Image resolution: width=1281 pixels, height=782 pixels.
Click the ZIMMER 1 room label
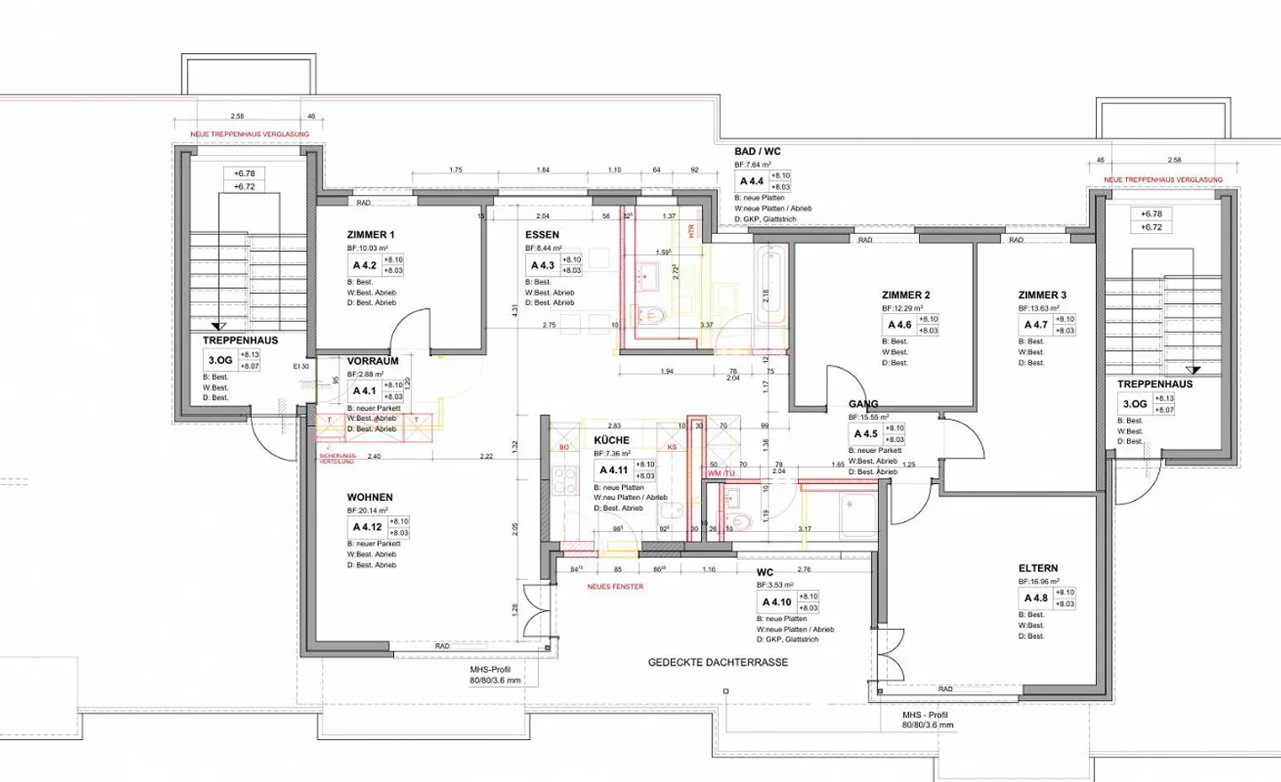370,235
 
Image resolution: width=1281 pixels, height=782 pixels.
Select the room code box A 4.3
542,265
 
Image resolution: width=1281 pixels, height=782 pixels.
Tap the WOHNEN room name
369,497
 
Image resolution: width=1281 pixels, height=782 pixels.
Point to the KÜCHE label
611,440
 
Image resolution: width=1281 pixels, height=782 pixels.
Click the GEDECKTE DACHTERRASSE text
717,663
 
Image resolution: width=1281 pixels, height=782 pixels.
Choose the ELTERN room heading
1038,568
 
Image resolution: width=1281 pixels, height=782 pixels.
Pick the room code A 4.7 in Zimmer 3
1035,325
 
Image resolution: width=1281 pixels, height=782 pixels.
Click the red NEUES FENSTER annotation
615,587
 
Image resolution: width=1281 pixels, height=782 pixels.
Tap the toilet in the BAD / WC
652,315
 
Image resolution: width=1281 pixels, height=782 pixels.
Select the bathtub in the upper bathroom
770,276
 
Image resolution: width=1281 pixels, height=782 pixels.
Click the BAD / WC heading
757,151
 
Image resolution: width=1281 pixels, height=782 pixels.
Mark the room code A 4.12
367,527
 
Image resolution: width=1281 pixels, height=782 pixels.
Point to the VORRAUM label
372,361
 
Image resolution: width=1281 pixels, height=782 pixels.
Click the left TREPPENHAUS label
240,341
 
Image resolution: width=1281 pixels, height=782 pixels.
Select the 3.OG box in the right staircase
1134,404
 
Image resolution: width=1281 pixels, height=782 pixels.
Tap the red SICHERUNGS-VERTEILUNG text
336,459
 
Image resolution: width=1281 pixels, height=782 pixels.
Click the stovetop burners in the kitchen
565,481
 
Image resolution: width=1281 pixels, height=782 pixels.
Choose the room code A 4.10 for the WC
776,602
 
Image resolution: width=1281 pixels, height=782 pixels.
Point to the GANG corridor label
863,404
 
